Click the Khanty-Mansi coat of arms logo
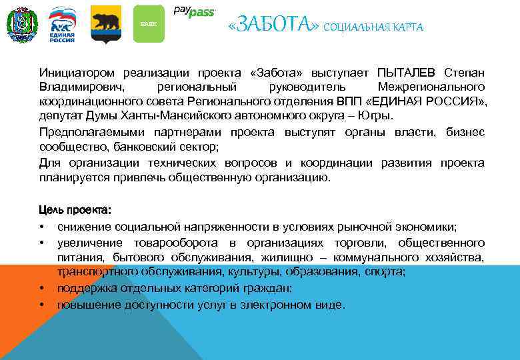coord(21,24)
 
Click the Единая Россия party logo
coord(63,24)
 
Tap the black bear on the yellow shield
coord(105,21)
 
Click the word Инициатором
coord(76,72)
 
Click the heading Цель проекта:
coord(75,211)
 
